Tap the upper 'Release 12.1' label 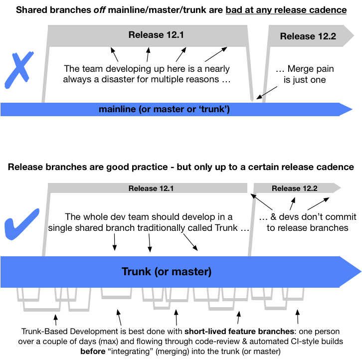point(149,35)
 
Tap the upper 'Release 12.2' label point(308,36)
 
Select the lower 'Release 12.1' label point(151,188)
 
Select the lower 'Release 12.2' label point(294,188)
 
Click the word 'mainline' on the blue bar point(117,109)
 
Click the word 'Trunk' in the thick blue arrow point(137,272)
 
